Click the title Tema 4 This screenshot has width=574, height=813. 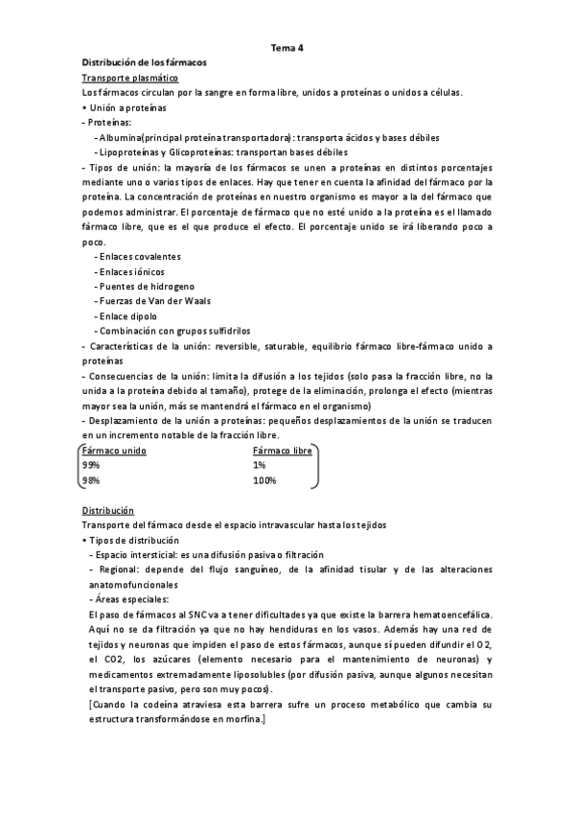[287, 46]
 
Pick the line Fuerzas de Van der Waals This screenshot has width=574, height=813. [151, 301]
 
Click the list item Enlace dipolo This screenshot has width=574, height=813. [127, 315]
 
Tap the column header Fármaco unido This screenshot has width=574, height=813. [114, 451]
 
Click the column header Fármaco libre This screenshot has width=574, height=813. [283, 451]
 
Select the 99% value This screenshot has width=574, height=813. [91, 465]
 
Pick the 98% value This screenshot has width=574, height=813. [91, 480]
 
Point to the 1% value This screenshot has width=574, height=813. [260, 465]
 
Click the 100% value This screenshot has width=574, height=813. [264, 480]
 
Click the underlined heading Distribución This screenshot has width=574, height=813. [107, 510]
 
